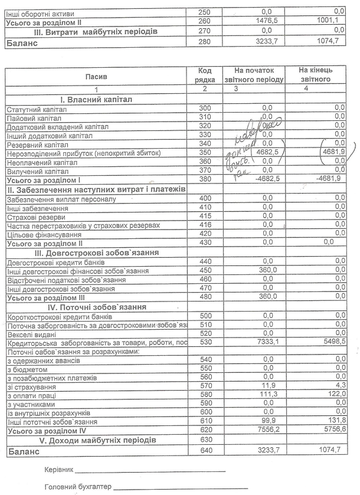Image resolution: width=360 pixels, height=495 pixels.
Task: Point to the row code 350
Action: point(205,152)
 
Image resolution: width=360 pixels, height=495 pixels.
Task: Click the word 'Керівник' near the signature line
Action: point(59,470)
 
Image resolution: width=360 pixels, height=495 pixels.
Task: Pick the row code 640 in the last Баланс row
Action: point(205,452)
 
